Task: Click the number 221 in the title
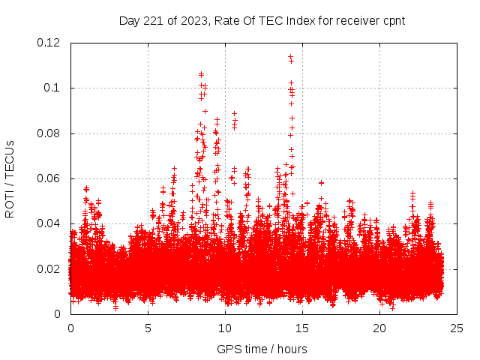click(x=151, y=21)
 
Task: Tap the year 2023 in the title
click(x=193, y=21)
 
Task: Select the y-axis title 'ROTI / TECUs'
click(x=10, y=178)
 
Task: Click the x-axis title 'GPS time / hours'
click(x=262, y=349)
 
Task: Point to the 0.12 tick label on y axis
click(x=49, y=43)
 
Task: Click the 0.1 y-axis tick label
click(x=55, y=88)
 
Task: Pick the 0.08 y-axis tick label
click(x=49, y=133)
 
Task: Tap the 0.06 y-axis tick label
click(x=49, y=178)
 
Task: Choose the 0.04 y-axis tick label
click(x=49, y=223)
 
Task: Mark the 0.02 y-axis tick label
click(x=49, y=268)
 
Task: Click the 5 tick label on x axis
click(x=148, y=328)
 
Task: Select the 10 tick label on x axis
click(x=225, y=328)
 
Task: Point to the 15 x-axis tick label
click(x=302, y=328)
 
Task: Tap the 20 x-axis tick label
click(x=379, y=328)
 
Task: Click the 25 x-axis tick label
click(x=457, y=328)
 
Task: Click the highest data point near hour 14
click(x=290, y=56)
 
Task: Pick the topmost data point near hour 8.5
click(x=201, y=73)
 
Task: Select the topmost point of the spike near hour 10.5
click(x=234, y=113)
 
